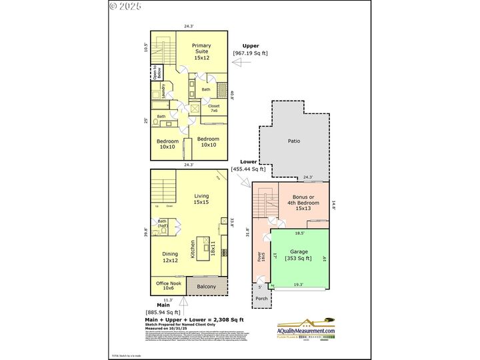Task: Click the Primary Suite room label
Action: coord(201,52)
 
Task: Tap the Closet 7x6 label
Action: coord(214,108)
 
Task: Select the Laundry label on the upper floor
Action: coord(163,91)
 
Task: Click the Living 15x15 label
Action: coord(201,198)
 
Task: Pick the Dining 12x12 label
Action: coord(170,257)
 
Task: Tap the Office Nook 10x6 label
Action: coord(168,285)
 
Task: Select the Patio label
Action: coord(293,141)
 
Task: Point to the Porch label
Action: coord(261,298)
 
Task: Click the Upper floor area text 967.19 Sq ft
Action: coord(250,53)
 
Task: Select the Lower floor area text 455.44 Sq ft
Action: coord(247,169)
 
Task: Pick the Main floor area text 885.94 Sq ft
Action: coord(163,312)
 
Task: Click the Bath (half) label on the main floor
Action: coord(162,223)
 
